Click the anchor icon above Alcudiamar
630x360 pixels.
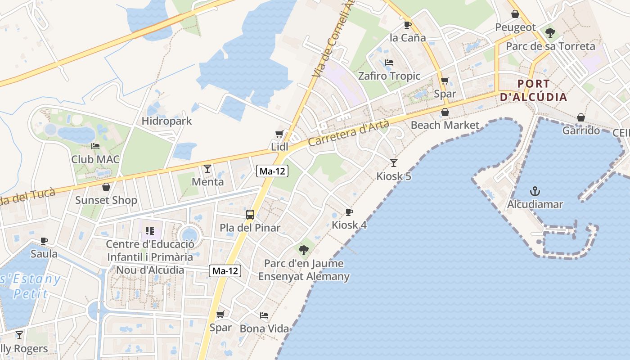pyautogui.click(x=535, y=191)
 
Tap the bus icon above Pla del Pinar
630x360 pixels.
pyautogui.click(x=250, y=214)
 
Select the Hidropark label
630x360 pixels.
pyautogui.click(x=166, y=121)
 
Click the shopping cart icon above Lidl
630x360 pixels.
pyautogui.click(x=279, y=134)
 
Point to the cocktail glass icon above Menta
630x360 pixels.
pyautogui.click(x=207, y=169)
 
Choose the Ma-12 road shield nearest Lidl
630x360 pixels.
pyautogui.click(x=272, y=171)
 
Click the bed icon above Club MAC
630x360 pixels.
pyautogui.click(x=95, y=146)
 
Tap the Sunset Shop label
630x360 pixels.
pyautogui.click(x=106, y=200)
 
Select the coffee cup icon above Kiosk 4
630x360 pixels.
pyautogui.click(x=349, y=211)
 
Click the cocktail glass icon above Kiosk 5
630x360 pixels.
pyautogui.click(x=394, y=162)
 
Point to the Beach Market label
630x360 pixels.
pyautogui.click(x=445, y=125)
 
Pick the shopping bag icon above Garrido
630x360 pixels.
pyautogui.click(x=581, y=117)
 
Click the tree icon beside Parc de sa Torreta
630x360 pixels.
pyautogui.click(x=550, y=33)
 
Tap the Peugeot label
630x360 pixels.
pyautogui.click(x=516, y=27)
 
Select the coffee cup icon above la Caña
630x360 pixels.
pyautogui.click(x=408, y=25)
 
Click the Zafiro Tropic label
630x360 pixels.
pyautogui.click(x=389, y=76)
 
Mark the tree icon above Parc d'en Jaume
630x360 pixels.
pyautogui.click(x=304, y=250)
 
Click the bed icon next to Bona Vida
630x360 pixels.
pyautogui.click(x=264, y=315)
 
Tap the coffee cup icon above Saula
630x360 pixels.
pyautogui.click(x=44, y=241)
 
